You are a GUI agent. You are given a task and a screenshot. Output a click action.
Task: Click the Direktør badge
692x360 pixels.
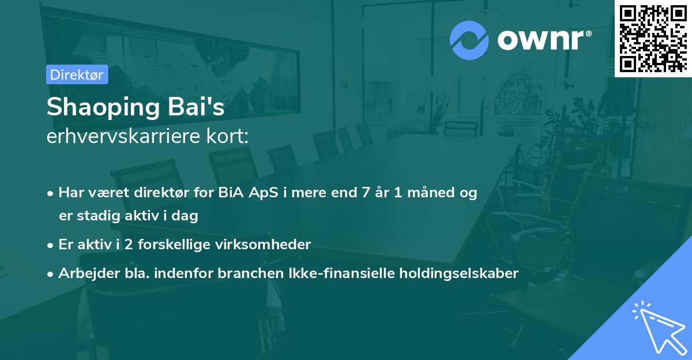(x=77, y=74)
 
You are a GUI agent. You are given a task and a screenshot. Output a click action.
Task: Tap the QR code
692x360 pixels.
(x=653, y=38)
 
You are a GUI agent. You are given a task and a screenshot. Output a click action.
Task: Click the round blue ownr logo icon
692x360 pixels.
(x=469, y=40)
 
